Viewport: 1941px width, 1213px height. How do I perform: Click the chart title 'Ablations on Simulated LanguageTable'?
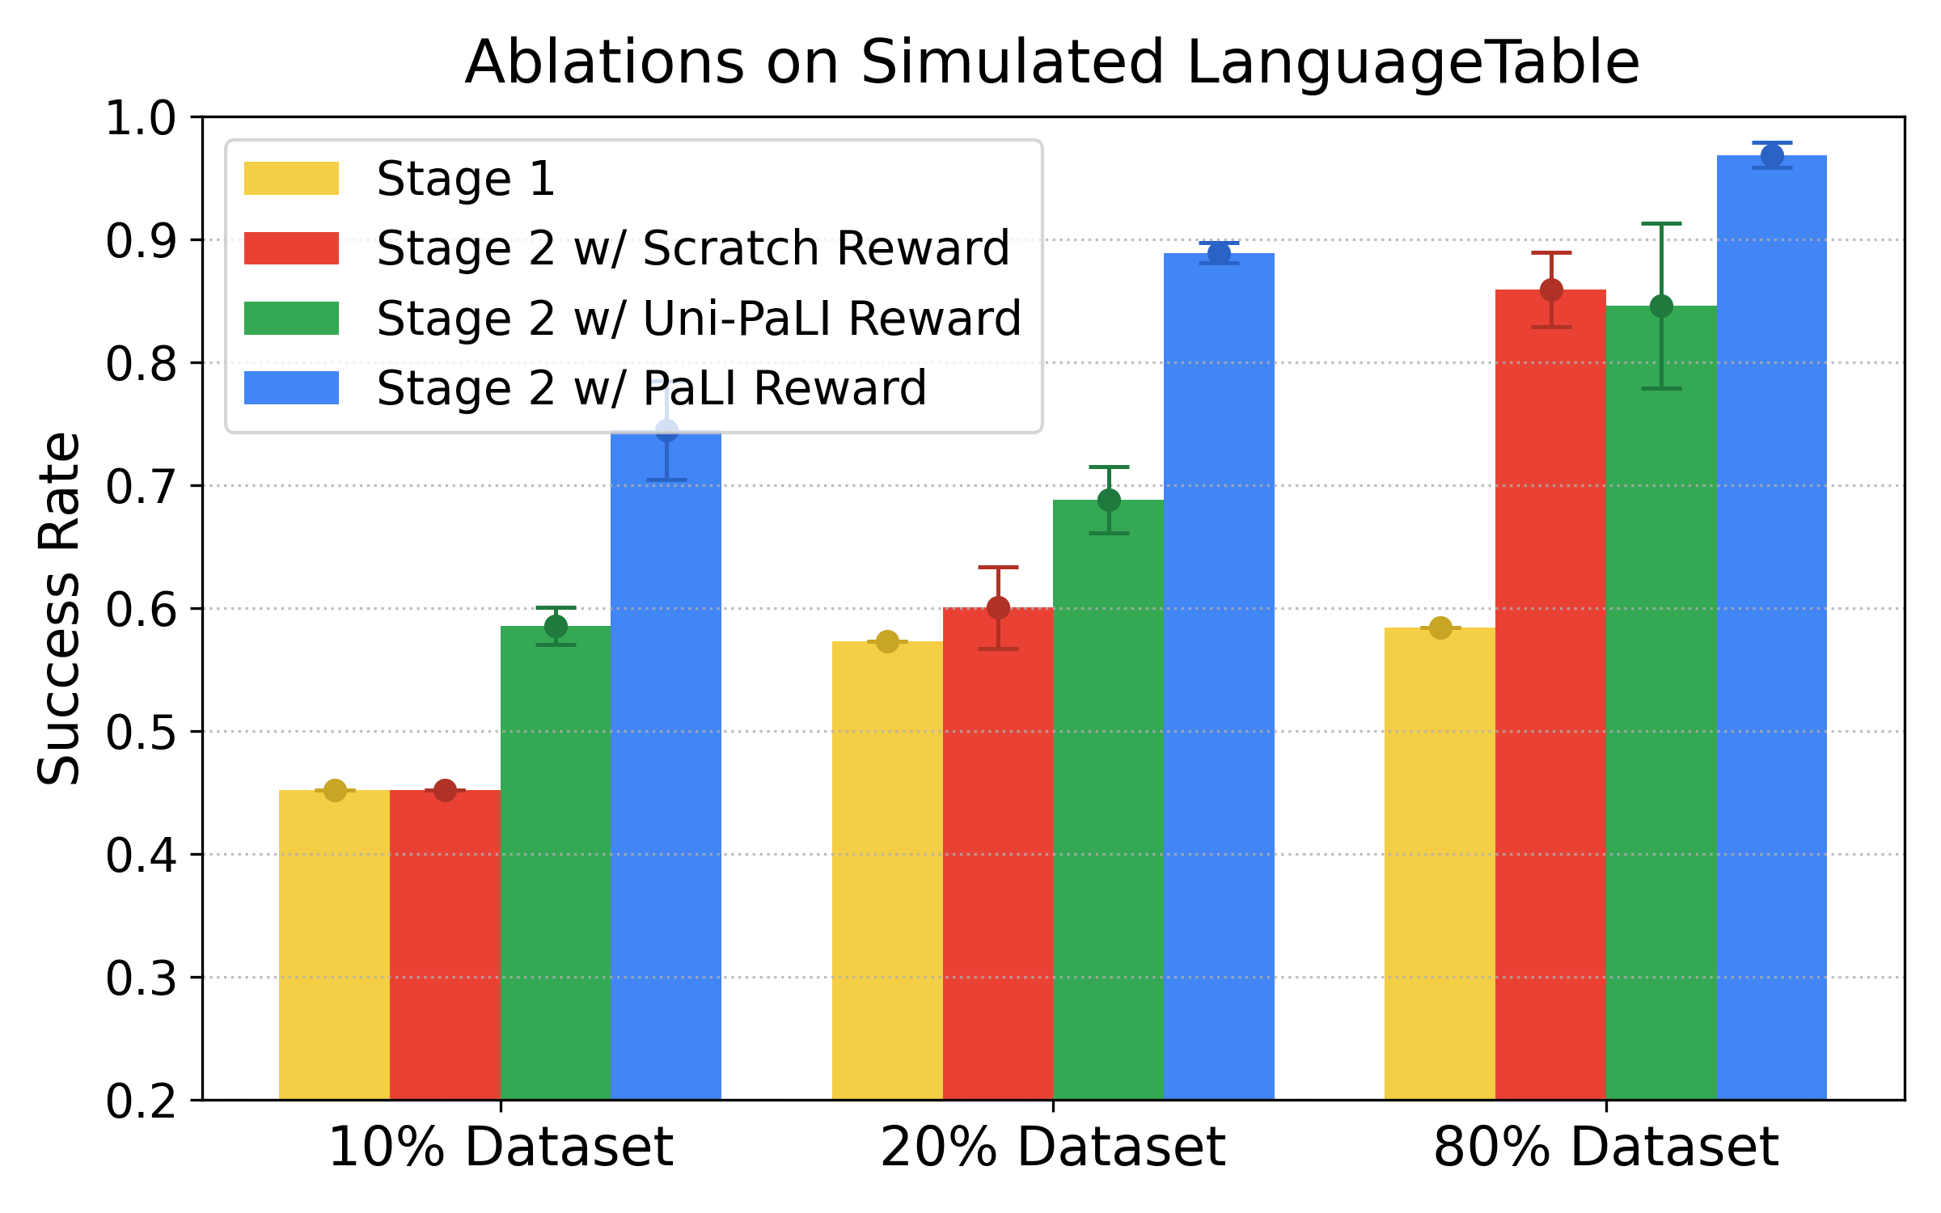(1051, 63)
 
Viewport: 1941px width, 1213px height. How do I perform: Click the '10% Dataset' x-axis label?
(500, 1147)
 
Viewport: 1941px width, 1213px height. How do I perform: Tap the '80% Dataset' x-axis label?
(1605, 1147)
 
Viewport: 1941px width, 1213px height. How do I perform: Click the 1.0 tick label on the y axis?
(141, 118)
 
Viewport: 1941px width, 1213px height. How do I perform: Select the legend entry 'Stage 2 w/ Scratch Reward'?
(692, 247)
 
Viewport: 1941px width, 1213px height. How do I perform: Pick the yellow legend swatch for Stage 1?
(291, 178)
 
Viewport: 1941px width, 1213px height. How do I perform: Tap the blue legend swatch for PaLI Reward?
(291, 388)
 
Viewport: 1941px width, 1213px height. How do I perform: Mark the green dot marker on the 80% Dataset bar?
(1661, 306)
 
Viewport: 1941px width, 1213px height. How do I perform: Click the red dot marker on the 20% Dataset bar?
(998, 607)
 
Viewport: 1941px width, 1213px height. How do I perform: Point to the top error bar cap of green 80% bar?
(1661, 223)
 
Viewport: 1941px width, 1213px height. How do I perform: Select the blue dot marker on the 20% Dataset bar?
(1219, 253)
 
